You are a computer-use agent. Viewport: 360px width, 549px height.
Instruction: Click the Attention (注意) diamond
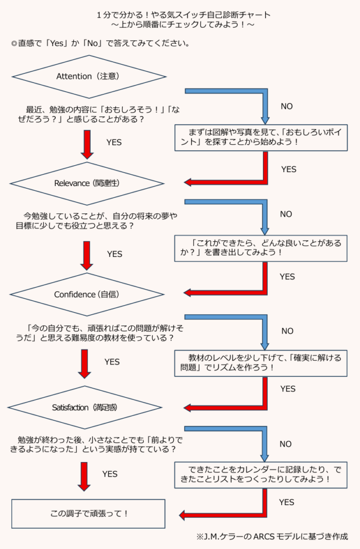(x=87, y=76)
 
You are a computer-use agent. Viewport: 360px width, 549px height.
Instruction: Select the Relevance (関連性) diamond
(x=87, y=183)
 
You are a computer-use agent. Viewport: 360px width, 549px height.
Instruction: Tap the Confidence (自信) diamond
(x=87, y=294)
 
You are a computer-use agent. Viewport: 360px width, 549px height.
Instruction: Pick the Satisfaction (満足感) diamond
(x=87, y=407)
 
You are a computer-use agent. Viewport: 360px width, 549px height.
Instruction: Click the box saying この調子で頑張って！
(x=89, y=513)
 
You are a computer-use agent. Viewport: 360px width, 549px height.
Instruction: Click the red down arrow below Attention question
(x=86, y=143)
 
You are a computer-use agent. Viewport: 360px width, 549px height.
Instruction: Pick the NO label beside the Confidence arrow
(x=287, y=331)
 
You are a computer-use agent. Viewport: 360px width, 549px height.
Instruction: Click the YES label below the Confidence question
(x=112, y=362)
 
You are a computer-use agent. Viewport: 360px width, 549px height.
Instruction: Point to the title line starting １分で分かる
(x=180, y=14)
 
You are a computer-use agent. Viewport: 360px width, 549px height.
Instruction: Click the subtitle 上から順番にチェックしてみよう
(x=180, y=26)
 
